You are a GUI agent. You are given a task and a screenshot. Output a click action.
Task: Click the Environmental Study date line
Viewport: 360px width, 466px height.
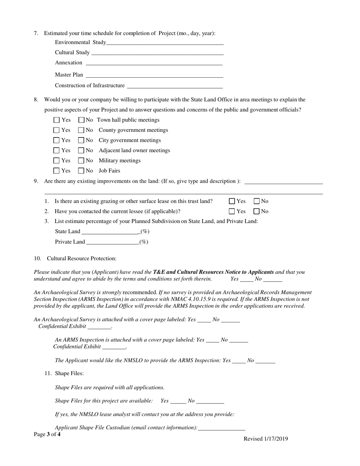[x=165, y=43]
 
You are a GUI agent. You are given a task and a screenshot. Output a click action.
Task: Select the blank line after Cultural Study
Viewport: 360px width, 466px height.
[x=157, y=53]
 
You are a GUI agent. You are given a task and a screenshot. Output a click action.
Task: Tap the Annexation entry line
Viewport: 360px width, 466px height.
[x=154, y=64]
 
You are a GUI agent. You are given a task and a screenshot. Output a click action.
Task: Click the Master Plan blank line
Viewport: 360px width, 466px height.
[x=154, y=76]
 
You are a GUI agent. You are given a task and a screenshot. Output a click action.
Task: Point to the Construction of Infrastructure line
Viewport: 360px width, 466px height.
[x=175, y=87]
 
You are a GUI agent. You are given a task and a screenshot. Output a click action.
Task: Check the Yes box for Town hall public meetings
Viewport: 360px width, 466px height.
[x=57, y=120]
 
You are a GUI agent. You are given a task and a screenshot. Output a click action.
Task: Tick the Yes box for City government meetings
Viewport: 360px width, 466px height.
[x=57, y=141]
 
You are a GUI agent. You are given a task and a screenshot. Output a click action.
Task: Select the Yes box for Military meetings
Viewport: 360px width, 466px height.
[x=57, y=161]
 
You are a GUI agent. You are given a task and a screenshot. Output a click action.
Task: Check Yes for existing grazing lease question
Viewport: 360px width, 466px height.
[x=232, y=201]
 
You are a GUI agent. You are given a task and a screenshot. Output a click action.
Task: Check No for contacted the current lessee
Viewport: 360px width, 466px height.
[x=257, y=211]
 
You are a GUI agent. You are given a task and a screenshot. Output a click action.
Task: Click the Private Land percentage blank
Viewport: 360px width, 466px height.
[x=113, y=242]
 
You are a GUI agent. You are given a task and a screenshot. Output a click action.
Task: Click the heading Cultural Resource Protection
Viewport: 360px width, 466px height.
[x=81, y=258]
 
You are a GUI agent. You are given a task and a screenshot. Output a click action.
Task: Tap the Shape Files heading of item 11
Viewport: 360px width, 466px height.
[x=69, y=374]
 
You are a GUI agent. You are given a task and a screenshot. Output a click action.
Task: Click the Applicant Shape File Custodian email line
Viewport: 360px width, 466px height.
[x=222, y=429]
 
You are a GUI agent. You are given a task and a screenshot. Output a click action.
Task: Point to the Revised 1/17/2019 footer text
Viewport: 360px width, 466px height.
[x=266, y=439]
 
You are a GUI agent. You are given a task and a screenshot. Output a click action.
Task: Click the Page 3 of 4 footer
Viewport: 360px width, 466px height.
[x=47, y=435]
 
